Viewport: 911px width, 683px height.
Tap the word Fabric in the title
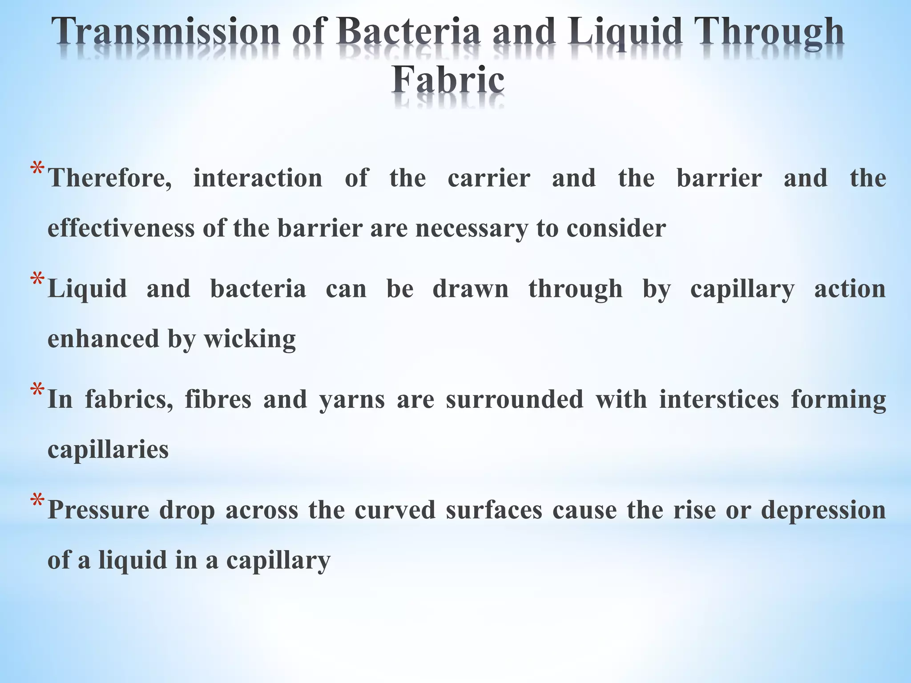(x=448, y=80)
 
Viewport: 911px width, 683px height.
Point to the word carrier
(x=489, y=178)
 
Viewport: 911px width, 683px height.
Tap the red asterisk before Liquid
(x=37, y=281)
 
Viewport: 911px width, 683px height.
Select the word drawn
(x=471, y=289)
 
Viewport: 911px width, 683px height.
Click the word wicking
(x=250, y=340)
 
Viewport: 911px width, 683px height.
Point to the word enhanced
(x=103, y=339)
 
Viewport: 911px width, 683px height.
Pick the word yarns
(x=352, y=400)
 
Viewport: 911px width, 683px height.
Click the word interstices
(x=719, y=399)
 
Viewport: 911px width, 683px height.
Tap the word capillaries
(x=108, y=450)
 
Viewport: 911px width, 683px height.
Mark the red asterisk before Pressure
(x=37, y=502)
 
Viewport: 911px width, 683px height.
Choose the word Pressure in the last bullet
(x=98, y=510)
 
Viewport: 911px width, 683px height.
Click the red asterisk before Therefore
(x=37, y=171)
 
